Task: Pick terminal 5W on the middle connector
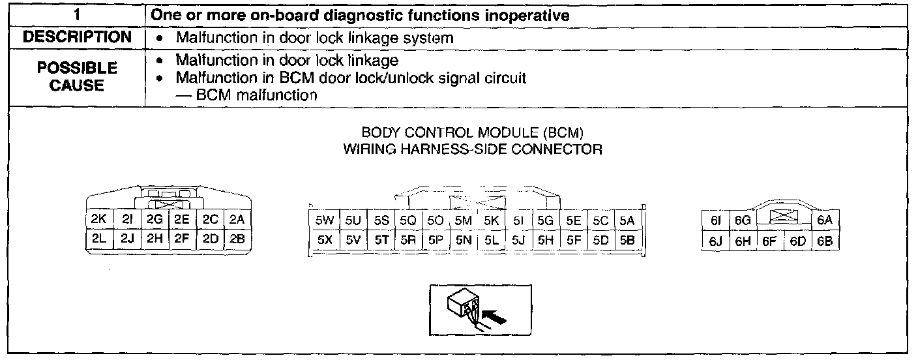point(324,220)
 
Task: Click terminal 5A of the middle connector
point(627,220)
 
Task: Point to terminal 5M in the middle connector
point(463,220)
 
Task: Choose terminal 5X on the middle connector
point(324,239)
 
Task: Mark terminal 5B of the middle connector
point(627,239)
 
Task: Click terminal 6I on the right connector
point(715,220)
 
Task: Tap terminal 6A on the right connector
point(825,220)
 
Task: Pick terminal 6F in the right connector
point(769,241)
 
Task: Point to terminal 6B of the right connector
point(825,241)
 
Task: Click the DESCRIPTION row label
point(77,38)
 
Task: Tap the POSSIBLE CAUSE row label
point(77,76)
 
